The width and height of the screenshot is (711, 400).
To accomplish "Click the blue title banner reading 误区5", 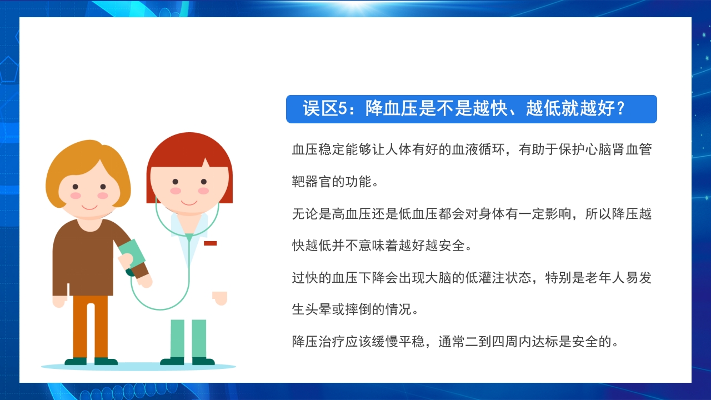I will (x=471, y=109).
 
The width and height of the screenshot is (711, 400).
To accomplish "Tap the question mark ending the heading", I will (x=620, y=109).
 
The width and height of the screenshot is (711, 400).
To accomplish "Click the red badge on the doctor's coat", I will (x=210, y=243).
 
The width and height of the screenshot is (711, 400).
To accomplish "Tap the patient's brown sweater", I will (x=83, y=256).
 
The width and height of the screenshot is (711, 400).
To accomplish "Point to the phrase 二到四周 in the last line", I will (x=494, y=341).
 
